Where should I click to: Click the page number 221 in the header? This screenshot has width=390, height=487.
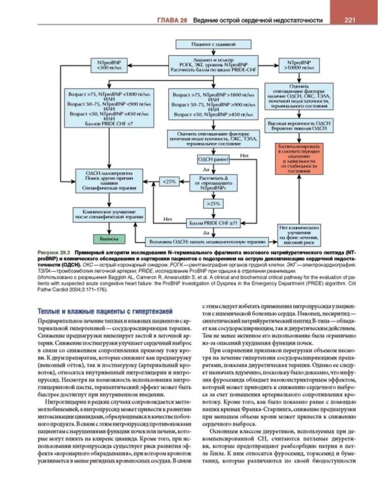click(348, 20)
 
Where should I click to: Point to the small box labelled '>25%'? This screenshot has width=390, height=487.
click(213, 204)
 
